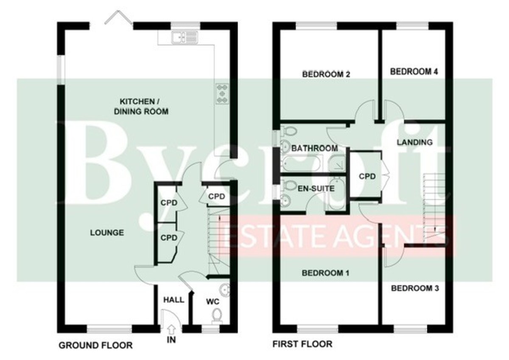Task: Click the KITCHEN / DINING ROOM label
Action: [141, 107]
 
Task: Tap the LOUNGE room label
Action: [107, 233]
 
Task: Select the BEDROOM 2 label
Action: [326, 74]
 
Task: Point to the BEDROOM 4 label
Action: [414, 72]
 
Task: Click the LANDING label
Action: [415, 142]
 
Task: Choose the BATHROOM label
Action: [315, 148]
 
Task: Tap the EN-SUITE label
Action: [316, 188]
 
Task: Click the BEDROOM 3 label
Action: [415, 288]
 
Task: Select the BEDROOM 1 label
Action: [325, 273]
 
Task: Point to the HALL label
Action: [174, 300]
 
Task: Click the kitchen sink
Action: [185, 37]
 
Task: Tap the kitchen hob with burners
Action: [222, 94]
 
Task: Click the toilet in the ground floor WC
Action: [217, 316]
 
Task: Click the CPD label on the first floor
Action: [367, 176]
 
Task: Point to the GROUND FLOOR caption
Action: [96, 346]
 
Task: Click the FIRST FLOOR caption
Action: [302, 344]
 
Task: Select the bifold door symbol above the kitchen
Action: [118, 18]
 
